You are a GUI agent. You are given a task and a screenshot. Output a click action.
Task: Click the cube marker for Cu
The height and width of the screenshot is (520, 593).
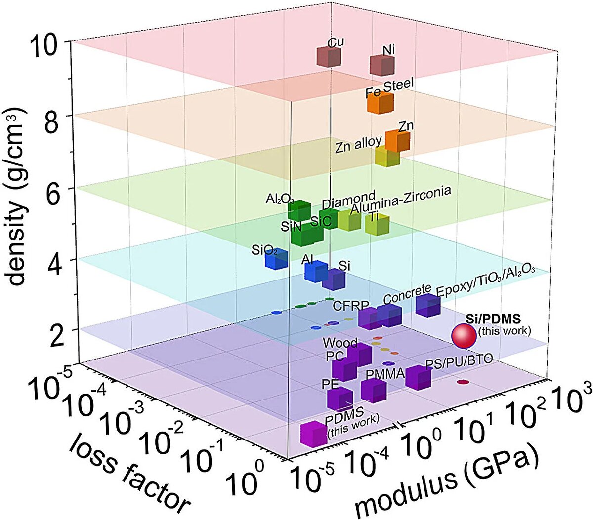pos(329,57)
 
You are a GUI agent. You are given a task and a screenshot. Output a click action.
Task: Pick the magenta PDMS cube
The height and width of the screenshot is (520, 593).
pos(313,433)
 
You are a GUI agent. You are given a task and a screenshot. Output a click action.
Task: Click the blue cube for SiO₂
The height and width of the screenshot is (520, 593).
pos(276,259)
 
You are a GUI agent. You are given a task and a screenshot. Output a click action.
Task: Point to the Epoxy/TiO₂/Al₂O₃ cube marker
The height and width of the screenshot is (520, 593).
pos(427,305)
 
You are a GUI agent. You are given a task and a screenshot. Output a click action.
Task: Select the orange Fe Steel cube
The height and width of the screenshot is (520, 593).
pos(380,103)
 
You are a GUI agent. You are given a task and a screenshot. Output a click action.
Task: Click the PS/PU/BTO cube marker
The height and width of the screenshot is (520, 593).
pos(418,378)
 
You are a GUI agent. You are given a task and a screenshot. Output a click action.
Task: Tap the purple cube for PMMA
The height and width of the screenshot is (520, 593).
pos(374,391)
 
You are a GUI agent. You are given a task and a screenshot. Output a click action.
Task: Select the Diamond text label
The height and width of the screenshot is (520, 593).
pos(348,200)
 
